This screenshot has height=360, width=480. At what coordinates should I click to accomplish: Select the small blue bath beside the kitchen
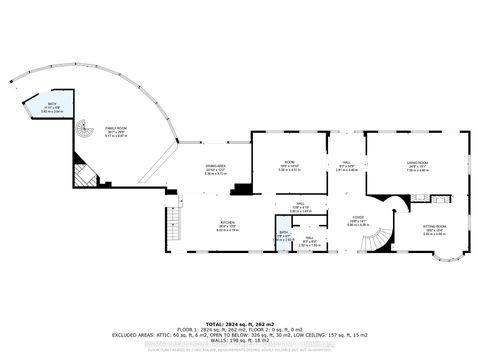(285, 240)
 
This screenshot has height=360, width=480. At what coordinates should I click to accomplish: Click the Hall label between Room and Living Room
(345, 168)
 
